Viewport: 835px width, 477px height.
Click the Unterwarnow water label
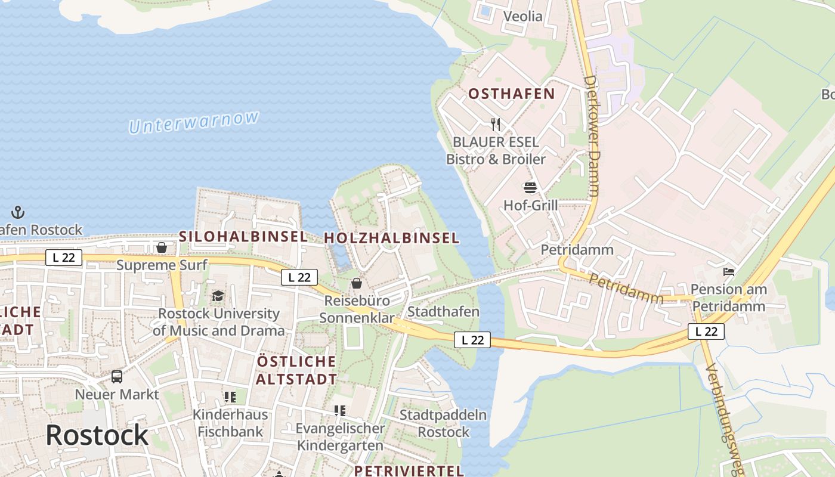194,122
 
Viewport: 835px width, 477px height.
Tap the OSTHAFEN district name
511,94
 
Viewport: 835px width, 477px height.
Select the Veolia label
523,16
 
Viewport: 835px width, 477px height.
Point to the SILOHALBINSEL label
243,236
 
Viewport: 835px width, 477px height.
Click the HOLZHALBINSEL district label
391,238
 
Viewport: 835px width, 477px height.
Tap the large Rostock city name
97,435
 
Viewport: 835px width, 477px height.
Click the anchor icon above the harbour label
18,212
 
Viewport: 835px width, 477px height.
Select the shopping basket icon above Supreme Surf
161,247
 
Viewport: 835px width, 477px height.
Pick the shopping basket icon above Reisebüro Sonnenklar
357,283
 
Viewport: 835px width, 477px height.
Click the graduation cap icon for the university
218,296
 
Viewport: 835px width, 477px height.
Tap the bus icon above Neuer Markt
117,377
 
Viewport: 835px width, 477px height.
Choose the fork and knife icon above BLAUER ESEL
496,124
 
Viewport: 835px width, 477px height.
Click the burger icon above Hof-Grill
530,188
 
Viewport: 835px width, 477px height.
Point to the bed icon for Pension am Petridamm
728,272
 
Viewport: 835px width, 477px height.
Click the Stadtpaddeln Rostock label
443,423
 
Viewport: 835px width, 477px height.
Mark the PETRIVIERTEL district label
409,470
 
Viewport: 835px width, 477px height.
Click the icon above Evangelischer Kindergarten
340,410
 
